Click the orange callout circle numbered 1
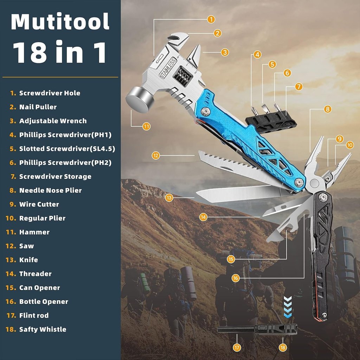(x=211, y=19)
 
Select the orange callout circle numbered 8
(x=328, y=109)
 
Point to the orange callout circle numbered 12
(x=156, y=155)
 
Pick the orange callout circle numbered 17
(x=237, y=348)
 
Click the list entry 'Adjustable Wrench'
(x=53, y=121)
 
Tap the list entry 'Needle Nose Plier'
(x=50, y=191)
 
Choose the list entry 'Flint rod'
(x=34, y=315)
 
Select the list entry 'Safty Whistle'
(x=43, y=329)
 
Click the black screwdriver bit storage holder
(x=271, y=121)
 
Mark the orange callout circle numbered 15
(x=231, y=259)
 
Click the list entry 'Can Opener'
(x=39, y=288)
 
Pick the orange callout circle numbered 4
(x=258, y=54)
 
